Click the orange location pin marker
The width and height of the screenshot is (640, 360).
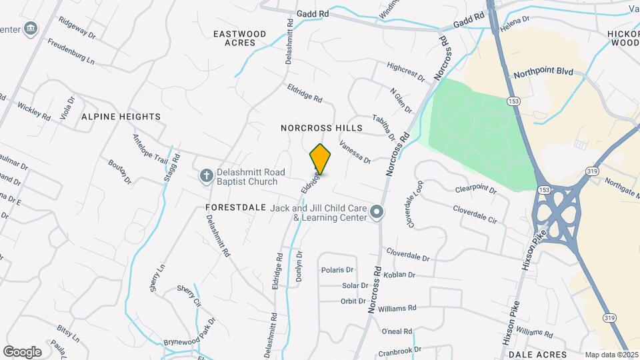321,159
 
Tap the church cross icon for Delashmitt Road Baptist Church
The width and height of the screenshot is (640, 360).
207,175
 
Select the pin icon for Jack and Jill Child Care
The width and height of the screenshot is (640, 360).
377,213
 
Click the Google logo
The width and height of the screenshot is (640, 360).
22,351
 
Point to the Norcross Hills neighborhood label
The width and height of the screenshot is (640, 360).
321,127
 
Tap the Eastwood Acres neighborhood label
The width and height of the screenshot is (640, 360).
240,38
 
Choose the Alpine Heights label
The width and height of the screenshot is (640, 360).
121,117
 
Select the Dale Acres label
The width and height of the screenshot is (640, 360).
541,354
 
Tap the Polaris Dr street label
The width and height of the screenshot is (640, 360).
337,270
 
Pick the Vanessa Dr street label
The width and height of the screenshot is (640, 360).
354,151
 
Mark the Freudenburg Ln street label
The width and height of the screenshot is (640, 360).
71,51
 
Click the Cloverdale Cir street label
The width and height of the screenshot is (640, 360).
475,214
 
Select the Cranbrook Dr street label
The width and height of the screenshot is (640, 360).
400,349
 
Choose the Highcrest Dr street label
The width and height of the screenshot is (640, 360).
405,72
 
